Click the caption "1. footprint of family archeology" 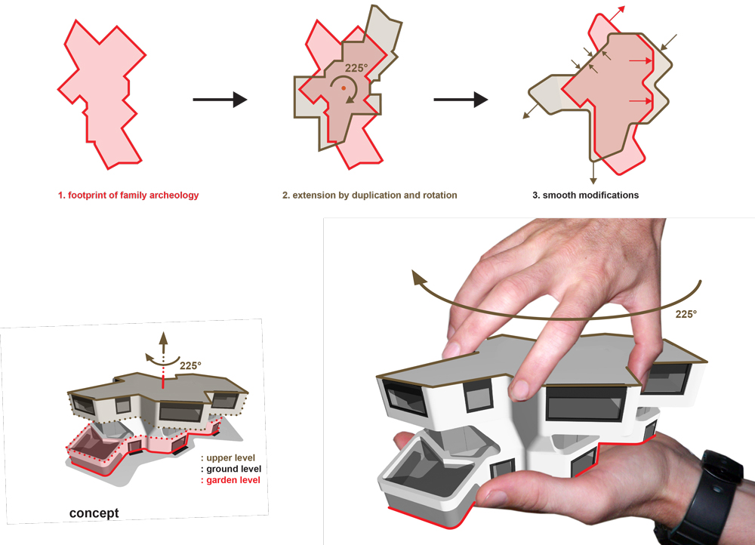click(128, 195)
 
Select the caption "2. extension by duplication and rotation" click(369, 195)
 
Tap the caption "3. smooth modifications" click(586, 195)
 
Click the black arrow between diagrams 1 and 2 click(220, 100)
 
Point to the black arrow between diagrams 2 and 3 click(461, 100)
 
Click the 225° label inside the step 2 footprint click(356, 68)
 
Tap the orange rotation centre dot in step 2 click(344, 88)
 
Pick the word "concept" click(94, 513)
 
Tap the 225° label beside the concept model click(191, 366)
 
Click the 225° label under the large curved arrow click(686, 314)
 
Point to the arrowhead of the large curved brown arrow click(418, 276)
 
